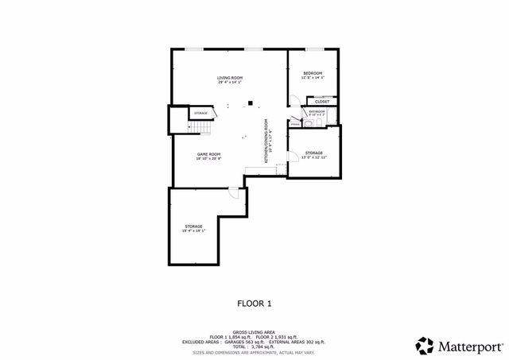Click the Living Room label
coord(230,78)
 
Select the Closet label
coord(322,102)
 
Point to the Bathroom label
coord(317,111)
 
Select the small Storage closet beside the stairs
coord(179,114)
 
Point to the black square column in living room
coord(250,102)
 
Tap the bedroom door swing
coord(293,101)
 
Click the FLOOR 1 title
coord(254,303)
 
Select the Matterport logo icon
coord(425,345)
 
